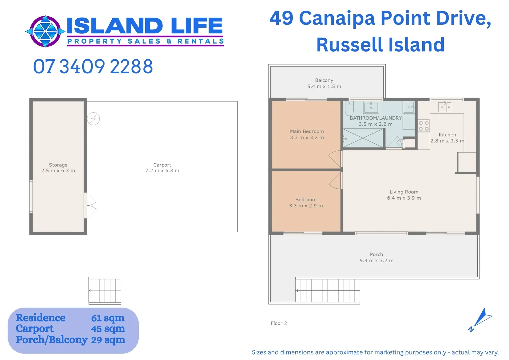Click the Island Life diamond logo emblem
[x=45, y=31]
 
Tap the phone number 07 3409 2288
[x=93, y=67]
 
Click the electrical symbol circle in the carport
[x=93, y=119]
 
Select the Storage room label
[x=58, y=165]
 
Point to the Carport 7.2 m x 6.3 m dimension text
[x=162, y=171]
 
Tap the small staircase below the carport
[x=105, y=291]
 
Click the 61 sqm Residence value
[x=108, y=318]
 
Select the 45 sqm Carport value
[x=108, y=329]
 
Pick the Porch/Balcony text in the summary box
[x=52, y=340]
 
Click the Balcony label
[x=324, y=80]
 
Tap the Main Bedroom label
[x=307, y=132]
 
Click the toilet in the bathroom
[x=349, y=109]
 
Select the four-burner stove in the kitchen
[x=424, y=126]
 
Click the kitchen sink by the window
[x=444, y=107]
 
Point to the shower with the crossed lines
[x=363, y=138]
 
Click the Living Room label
[x=404, y=192]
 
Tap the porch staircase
[x=327, y=291]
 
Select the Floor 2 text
[x=279, y=323]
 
